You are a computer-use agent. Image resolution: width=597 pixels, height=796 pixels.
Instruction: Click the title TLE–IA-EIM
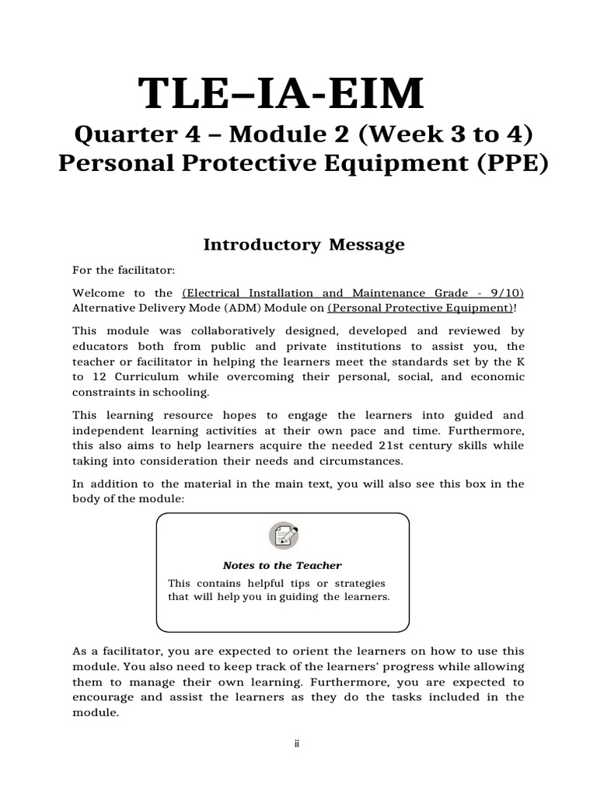[281, 95]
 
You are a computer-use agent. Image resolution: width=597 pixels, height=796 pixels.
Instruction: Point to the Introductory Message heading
[304, 245]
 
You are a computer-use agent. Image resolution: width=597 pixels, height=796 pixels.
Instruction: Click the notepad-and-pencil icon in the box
[283, 536]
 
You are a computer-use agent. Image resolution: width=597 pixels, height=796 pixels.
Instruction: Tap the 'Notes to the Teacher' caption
[282, 565]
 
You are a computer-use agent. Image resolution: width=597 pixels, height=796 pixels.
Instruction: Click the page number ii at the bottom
[297, 744]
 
